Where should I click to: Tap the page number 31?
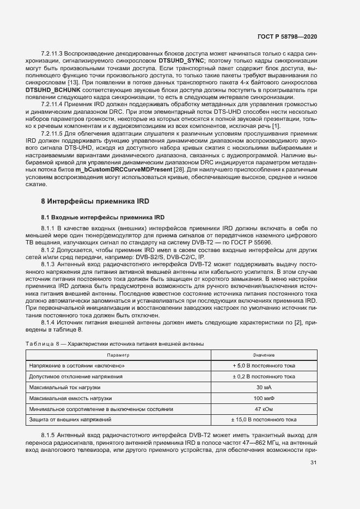click(x=313, y=463)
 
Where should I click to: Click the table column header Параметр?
click(x=122, y=355)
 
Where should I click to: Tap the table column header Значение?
click(x=264, y=355)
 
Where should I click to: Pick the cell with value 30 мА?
click(x=264, y=387)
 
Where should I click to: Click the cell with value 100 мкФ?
click(x=264, y=398)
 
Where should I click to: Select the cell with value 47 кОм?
click(x=264, y=409)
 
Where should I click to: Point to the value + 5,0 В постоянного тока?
click(x=264, y=366)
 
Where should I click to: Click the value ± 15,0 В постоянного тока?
click(x=264, y=420)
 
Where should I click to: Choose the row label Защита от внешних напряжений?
click(x=71, y=420)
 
